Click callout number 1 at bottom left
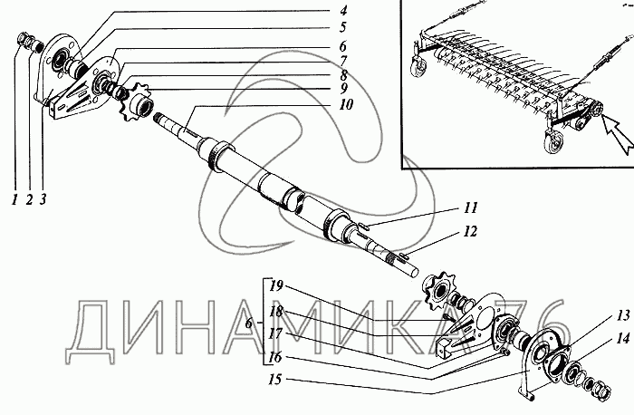15,199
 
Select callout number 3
43,199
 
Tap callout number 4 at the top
343,11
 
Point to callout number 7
343,61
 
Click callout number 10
346,105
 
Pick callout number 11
470,207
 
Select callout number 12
470,231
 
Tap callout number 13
623,315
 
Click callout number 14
623,338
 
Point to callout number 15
275,380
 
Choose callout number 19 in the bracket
276,286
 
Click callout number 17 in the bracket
275,333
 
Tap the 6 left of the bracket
249,323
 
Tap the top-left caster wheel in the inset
418,65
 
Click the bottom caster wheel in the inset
551,141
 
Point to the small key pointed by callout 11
363,227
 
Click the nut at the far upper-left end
22,40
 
